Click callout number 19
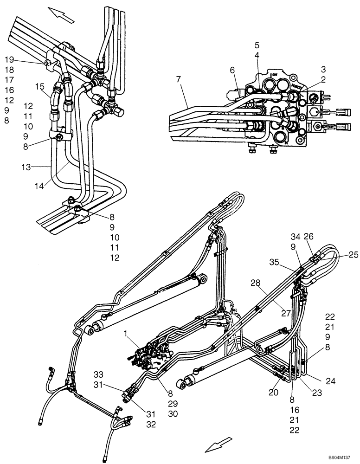tap(9, 59)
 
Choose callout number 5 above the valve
tap(257, 45)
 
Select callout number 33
tap(98, 374)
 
